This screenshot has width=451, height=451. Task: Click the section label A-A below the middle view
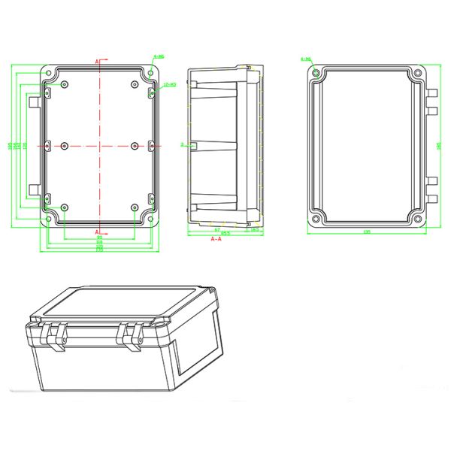click(x=216, y=238)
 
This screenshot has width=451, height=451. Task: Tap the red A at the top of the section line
click(x=97, y=60)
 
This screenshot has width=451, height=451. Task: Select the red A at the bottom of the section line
click(x=97, y=230)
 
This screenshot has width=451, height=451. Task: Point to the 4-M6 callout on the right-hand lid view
click(x=306, y=59)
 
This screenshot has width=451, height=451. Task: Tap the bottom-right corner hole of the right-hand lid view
click(x=418, y=219)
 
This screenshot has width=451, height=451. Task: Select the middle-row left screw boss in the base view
click(x=64, y=144)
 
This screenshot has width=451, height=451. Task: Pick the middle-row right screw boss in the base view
click(x=135, y=144)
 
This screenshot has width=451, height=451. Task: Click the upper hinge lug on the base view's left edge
click(x=34, y=100)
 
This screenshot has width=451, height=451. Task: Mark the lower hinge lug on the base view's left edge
click(x=34, y=189)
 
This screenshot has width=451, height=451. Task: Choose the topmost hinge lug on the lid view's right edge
click(x=433, y=94)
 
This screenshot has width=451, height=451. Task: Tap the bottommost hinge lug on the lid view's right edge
click(x=433, y=198)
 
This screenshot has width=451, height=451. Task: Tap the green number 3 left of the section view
click(x=183, y=143)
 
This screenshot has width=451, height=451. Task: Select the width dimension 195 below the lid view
click(x=366, y=232)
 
